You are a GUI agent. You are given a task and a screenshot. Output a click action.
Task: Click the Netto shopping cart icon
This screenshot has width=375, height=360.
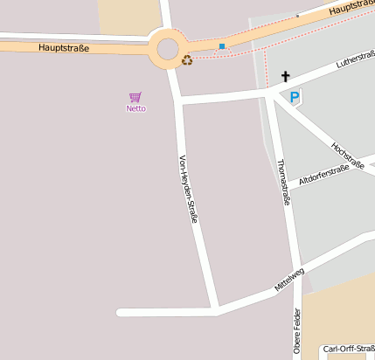click(x=135, y=97)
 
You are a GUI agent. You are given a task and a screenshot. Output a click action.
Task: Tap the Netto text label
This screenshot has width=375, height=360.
click(x=136, y=109)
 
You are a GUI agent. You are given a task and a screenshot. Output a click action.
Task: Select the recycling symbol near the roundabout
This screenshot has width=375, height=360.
click(x=187, y=60)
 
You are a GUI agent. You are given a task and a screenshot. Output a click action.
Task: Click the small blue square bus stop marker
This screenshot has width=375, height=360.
click(x=222, y=45)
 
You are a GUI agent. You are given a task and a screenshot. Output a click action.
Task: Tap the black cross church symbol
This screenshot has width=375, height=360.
click(x=285, y=77)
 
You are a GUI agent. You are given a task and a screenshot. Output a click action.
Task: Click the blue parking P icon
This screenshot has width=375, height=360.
click(x=295, y=98)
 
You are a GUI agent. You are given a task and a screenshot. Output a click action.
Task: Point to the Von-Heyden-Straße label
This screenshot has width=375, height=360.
click(x=188, y=188)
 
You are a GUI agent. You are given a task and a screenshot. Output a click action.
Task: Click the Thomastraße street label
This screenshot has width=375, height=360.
click(x=282, y=182)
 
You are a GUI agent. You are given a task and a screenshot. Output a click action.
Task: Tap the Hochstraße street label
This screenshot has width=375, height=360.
click(x=348, y=156)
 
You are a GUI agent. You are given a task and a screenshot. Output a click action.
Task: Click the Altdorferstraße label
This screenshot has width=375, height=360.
click(x=323, y=174)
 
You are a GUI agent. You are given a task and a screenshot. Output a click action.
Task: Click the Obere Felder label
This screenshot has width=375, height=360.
click(x=297, y=336)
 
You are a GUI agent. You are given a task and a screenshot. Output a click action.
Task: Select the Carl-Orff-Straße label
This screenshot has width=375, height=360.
click(x=348, y=350)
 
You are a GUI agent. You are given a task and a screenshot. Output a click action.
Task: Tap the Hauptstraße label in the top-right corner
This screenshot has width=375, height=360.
click(x=353, y=7)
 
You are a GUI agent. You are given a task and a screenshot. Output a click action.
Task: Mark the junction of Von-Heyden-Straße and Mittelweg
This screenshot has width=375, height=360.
click(x=216, y=309)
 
